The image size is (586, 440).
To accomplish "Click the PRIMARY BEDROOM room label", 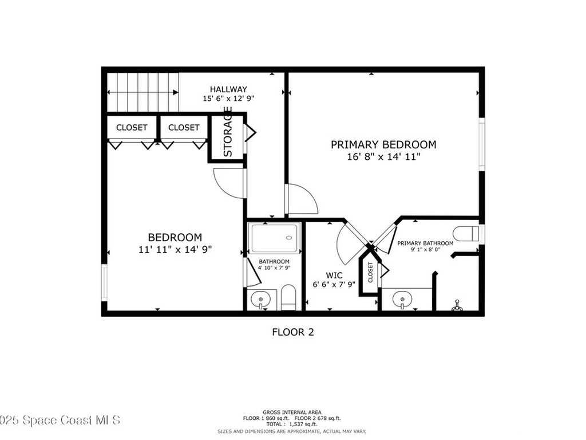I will point(383,145).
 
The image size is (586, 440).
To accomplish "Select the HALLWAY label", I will point(228,89).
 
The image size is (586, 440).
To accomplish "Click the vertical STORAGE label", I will point(227,132).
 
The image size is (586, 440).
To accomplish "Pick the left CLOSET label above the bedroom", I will point(132,128).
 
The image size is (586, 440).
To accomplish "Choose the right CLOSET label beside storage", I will point(184,128).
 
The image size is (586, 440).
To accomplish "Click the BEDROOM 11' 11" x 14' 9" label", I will point(175,243).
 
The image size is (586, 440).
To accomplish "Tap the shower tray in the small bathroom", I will point(274,238).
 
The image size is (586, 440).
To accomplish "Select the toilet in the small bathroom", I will point(288,297).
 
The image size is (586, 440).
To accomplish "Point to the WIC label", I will point(334,275).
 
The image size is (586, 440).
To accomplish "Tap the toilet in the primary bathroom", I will point(466,234).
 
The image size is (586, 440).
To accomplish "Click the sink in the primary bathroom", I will point(405,298).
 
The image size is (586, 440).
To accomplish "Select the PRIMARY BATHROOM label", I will point(425,243).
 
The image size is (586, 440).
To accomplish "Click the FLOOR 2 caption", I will point(292,332).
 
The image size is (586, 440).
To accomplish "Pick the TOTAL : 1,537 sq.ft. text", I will point(292,425).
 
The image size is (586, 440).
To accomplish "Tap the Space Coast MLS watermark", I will point(60,421).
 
